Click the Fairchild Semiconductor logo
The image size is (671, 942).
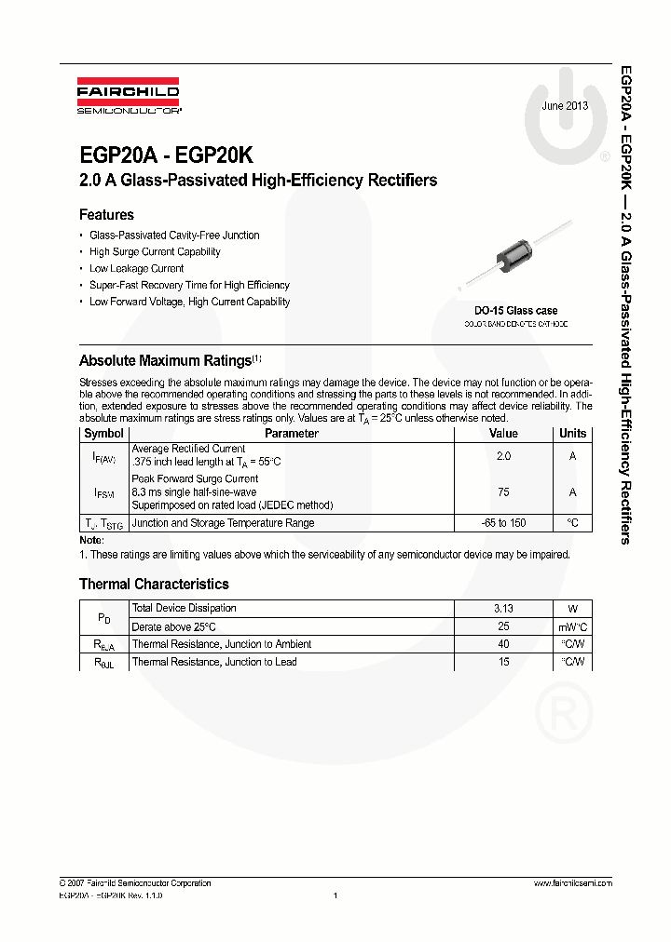point(128,97)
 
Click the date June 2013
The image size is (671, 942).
point(565,106)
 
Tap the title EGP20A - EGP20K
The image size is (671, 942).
point(166,155)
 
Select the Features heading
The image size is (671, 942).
point(106,215)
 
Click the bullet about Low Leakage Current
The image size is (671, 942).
point(136,268)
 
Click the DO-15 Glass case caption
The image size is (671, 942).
point(515,311)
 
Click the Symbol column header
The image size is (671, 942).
point(103,434)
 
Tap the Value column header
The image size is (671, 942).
point(503,434)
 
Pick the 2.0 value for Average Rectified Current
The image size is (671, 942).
point(503,456)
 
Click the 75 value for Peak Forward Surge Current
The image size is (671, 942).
point(503,492)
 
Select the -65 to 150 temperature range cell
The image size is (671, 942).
point(503,523)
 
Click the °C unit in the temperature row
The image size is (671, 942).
point(572,523)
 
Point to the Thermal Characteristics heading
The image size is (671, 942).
point(154,585)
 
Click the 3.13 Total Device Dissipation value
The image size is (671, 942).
point(503,609)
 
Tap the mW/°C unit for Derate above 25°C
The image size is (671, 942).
point(572,626)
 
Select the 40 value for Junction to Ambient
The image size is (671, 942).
point(503,644)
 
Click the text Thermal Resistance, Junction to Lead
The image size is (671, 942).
point(214,662)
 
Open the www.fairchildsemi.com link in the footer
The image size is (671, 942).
point(572,883)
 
